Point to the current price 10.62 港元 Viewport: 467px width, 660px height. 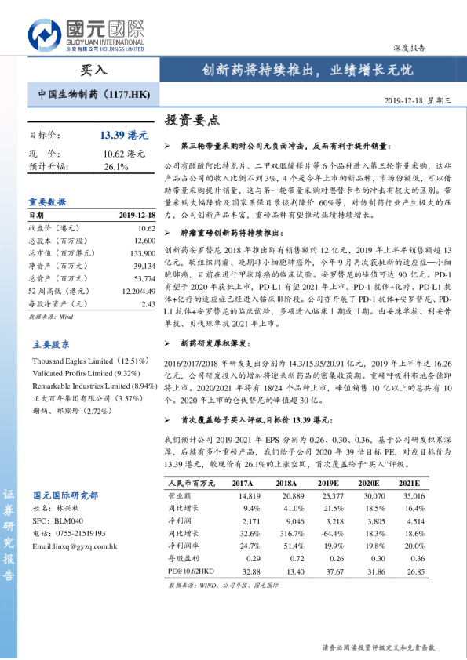(124, 154)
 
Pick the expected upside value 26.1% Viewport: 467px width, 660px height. (115, 167)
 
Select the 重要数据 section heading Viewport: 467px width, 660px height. (48, 201)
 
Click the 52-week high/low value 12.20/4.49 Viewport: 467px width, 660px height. (137, 291)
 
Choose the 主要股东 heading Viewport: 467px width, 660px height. (51, 343)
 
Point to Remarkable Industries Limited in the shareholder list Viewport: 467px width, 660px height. (82, 386)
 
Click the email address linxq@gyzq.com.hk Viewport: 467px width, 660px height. (75, 546)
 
